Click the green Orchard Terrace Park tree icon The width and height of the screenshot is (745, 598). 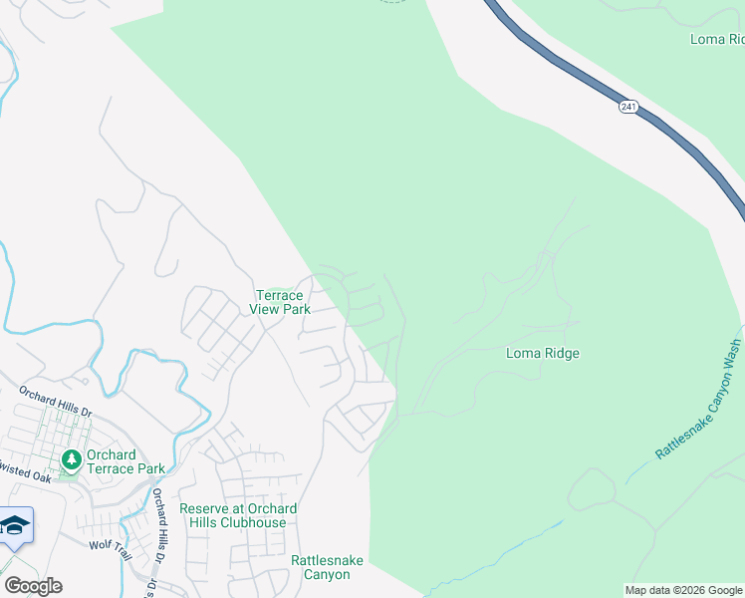point(71,460)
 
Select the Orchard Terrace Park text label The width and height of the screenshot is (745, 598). point(125,461)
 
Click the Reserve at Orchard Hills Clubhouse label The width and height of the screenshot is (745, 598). point(237,515)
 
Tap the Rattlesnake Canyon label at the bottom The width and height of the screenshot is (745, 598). point(321,567)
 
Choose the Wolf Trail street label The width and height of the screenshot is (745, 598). point(110,545)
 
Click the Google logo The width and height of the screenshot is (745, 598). point(33,586)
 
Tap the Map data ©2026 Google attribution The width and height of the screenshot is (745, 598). point(684,590)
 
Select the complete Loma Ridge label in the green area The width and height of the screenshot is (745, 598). point(542,353)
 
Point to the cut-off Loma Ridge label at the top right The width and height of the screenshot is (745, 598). point(717,39)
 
